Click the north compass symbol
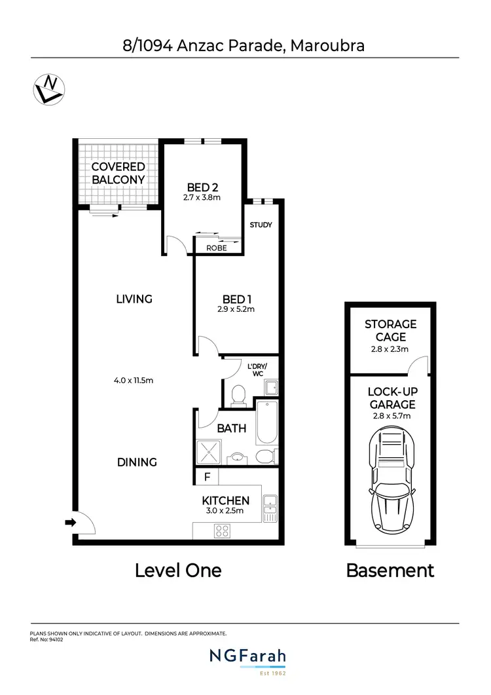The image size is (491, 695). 48,89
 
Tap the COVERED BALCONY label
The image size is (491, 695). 118,173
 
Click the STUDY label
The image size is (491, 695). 261,225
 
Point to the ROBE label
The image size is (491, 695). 217,248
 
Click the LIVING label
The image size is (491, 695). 134,299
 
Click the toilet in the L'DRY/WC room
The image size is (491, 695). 238,394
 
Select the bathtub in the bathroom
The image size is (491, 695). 268,424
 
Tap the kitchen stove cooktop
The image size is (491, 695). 221,533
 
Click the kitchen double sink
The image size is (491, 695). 269,508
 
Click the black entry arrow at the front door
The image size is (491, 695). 71,522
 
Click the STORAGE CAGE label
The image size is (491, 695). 391,330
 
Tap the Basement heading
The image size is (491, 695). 390,570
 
